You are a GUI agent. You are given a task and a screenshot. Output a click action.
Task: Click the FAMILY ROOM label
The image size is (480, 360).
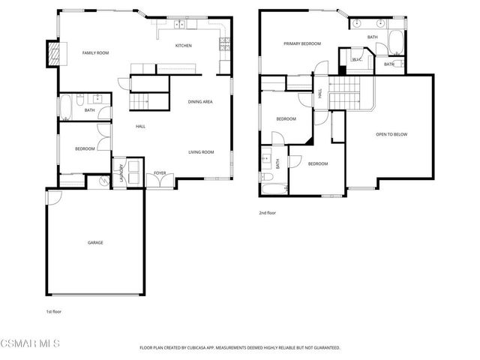tap(95, 52)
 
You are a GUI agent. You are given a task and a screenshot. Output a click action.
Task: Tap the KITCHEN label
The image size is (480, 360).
tap(183, 46)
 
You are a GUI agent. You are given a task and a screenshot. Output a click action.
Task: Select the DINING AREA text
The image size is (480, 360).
tap(200, 102)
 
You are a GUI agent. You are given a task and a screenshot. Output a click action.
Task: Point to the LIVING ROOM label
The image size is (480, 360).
tap(201, 152)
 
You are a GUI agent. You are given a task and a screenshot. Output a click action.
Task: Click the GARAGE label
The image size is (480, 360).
tap(95, 242)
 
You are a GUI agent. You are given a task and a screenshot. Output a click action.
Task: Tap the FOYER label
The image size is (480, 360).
tap(160, 173)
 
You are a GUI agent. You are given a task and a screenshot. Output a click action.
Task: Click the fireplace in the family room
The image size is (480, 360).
tap(53, 52)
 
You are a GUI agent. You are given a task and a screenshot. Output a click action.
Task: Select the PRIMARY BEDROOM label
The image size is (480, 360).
tap(302, 44)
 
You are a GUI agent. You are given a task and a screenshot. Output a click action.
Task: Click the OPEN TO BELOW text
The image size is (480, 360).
tap(391, 134)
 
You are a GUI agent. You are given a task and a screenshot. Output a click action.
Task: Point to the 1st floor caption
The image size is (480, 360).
tap(54, 310)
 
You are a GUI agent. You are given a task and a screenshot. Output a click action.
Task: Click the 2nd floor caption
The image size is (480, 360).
tap(268, 213)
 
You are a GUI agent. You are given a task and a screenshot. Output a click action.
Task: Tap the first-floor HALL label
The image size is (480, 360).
tap(140, 127)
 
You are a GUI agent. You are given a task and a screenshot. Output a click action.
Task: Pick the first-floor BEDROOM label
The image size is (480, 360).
tap(85, 148)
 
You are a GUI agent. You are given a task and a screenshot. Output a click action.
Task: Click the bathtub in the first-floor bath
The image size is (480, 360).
tap(65, 107)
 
